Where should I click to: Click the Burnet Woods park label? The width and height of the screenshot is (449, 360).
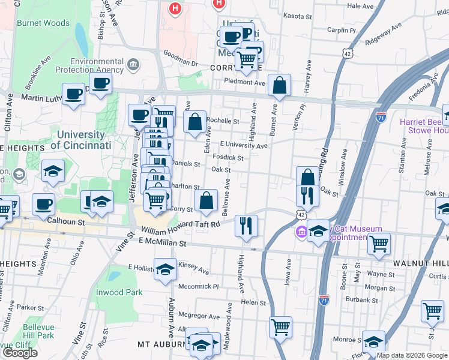point(44,23)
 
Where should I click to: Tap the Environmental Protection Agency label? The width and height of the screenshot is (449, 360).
point(97,65)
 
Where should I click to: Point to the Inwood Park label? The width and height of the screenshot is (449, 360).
point(119,292)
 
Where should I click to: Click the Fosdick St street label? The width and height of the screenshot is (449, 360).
point(232,158)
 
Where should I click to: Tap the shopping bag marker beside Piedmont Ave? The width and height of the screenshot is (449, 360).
point(280,85)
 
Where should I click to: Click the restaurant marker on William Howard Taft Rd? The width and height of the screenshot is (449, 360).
point(246,225)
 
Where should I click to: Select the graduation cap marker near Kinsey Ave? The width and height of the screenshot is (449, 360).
point(166,269)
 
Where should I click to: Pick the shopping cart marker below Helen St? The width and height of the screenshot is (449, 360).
point(280,326)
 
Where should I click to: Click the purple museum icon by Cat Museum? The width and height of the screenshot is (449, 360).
point(301,232)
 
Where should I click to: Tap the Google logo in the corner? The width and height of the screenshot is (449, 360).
point(19,353)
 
